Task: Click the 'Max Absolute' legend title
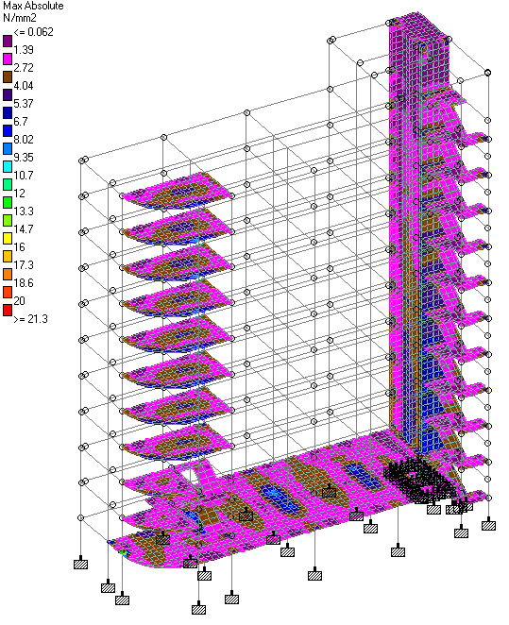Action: click(x=33, y=6)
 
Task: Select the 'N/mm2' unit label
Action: click(x=20, y=18)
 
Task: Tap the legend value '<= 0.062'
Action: click(x=33, y=32)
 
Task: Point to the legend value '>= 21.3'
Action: click(x=31, y=319)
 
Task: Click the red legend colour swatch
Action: click(x=8, y=310)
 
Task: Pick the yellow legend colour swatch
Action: click(x=8, y=238)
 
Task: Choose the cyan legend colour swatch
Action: click(x=8, y=166)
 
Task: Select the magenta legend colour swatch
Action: click(x=8, y=59)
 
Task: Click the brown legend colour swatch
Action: click(x=8, y=76)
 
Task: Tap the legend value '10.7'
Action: click(x=24, y=176)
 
